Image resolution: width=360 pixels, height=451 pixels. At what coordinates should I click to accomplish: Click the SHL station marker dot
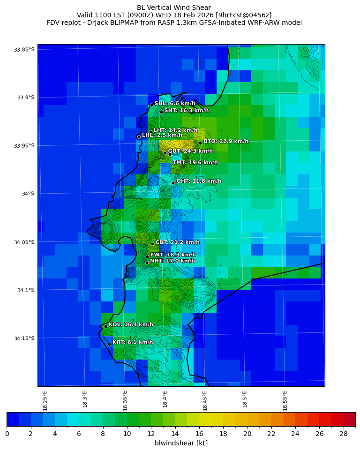coord(151,105)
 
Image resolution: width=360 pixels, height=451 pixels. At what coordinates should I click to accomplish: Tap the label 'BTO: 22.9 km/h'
coord(226,141)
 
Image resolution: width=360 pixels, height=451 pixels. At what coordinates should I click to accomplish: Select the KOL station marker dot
coord(105,326)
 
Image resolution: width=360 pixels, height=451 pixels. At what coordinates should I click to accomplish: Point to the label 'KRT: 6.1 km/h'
coord(133,342)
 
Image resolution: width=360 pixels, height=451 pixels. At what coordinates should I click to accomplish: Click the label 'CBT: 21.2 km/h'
coord(177,242)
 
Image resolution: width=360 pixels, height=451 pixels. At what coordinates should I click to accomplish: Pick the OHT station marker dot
coord(173,183)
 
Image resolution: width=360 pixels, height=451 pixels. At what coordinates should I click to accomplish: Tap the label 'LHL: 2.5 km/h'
coord(162,135)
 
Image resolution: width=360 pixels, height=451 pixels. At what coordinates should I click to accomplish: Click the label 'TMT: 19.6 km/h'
coord(195,163)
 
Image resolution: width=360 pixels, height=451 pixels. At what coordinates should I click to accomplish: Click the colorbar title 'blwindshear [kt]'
coord(181,443)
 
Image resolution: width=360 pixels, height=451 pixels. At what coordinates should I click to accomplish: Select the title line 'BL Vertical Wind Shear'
coord(174,8)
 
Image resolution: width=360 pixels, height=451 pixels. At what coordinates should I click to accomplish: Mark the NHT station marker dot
coord(147,263)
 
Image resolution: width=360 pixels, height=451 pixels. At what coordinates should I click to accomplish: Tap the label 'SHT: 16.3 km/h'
coord(187,111)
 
